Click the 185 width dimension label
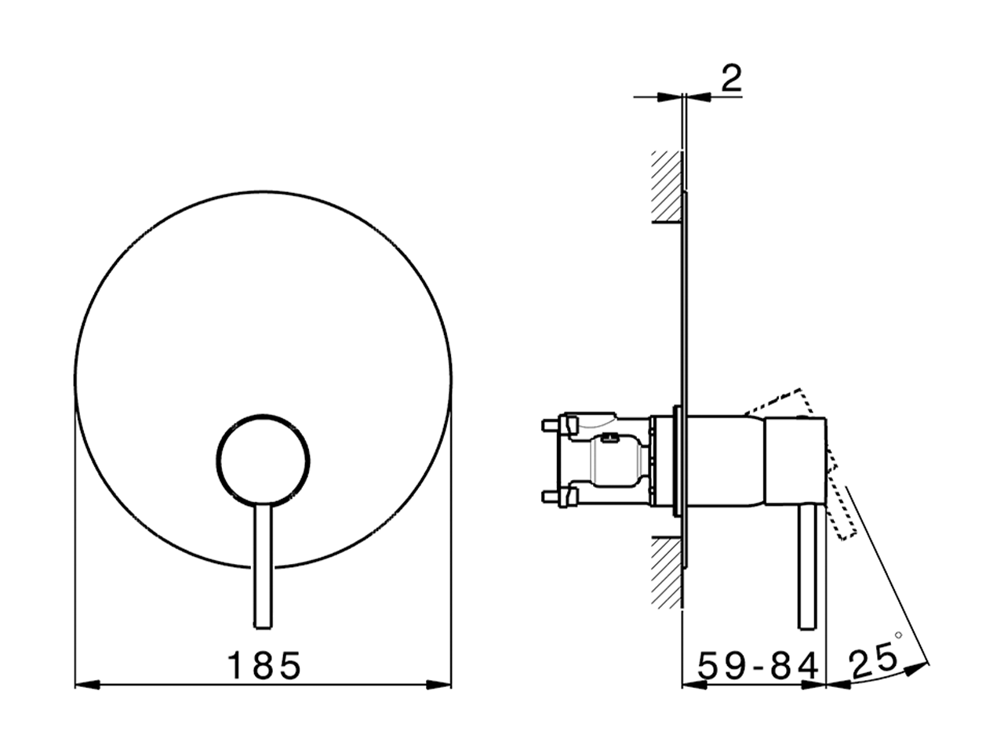point(264,666)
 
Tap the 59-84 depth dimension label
point(758,666)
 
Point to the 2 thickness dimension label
point(730,79)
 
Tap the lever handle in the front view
point(263,565)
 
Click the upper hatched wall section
point(666,185)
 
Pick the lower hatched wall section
point(666,571)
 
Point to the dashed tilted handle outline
point(816,463)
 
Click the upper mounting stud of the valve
point(552,425)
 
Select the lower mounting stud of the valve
point(552,497)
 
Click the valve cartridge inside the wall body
point(616,462)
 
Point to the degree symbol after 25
point(899,635)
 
